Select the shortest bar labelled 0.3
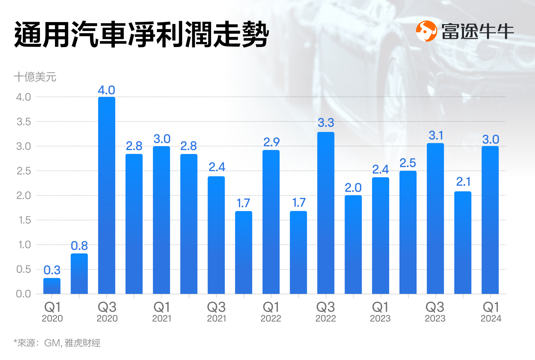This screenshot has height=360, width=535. click(x=52, y=286)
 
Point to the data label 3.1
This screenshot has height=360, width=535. click(x=435, y=135)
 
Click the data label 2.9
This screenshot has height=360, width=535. click(x=271, y=142)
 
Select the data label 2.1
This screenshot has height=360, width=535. click(x=463, y=182)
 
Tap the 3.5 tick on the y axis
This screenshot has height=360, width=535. click(x=24, y=122)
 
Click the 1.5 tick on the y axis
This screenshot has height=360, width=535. click(x=24, y=220)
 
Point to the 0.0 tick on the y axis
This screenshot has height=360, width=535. click(x=24, y=294)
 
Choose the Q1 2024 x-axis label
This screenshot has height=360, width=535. click(x=491, y=312)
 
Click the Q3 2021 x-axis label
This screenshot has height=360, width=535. click(x=216, y=312)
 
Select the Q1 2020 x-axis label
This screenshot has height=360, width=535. click(x=52, y=312)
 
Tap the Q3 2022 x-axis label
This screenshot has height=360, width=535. click(x=326, y=312)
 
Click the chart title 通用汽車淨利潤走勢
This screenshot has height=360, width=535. click(x=141, y=35)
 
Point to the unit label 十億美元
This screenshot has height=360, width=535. click(x=35, y=77)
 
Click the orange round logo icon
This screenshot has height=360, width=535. click(x=426, y=31)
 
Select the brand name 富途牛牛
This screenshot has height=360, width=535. click(x=478, y=32)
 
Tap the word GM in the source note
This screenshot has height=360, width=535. click(x=52, y=343)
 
